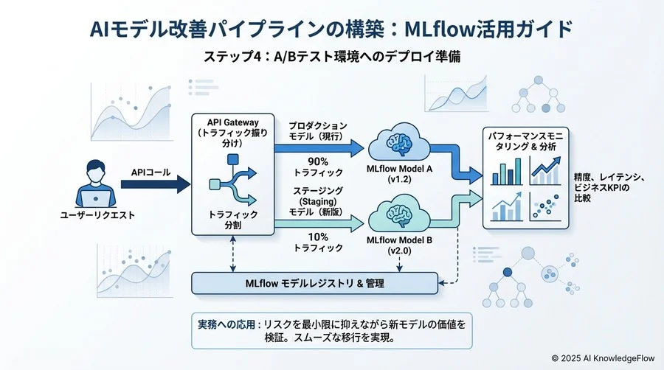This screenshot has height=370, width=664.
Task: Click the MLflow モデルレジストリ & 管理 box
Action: tap(313, 283)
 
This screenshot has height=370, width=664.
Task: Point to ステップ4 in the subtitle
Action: tap(232, 57)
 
